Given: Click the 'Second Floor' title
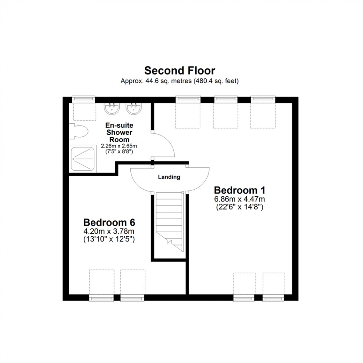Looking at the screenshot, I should (x=180, y=70).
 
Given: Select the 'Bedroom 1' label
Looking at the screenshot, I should (x=240, y=190).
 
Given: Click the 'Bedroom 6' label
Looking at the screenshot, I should (x=109, y=223).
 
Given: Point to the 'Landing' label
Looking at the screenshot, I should (x=169, y=177).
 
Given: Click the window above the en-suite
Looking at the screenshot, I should (x=83, y=99).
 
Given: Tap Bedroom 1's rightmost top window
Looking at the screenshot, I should (x=263, y=99).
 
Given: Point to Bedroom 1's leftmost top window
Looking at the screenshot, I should (x=188, y=99).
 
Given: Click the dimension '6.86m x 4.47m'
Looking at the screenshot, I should (x=240, y=200).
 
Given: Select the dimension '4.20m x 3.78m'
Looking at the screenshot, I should (x=109, y=232).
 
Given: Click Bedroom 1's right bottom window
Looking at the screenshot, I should (x=274, y=298).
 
